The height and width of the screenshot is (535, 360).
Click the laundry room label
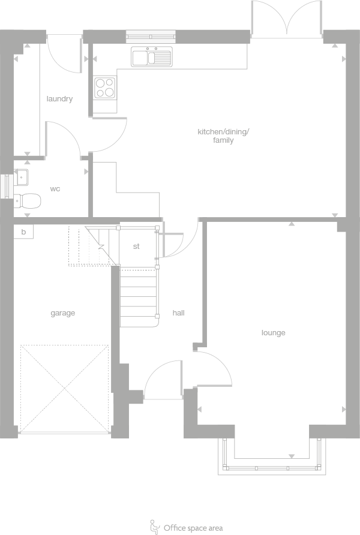point(59,99)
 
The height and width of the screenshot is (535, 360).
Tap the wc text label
point(55,189)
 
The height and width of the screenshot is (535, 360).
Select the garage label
point(62,313)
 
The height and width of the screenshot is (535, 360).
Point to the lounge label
point(273,333)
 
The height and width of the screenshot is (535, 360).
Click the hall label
point(179,313)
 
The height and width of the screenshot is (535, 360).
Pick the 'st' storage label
point(136,246)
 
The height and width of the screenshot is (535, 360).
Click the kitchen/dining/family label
point(223,136)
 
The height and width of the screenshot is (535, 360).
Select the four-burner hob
point(105,88)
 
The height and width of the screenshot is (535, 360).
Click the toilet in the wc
point(28,200)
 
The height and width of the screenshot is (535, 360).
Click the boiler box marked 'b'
point(23,232)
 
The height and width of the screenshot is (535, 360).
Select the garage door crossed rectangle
point(64,388)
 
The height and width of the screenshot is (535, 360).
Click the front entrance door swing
point(162,380)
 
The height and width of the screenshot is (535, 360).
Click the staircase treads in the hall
point(139,297)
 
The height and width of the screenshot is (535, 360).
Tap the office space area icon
point(154,526)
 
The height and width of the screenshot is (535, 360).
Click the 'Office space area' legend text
point(193,528)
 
